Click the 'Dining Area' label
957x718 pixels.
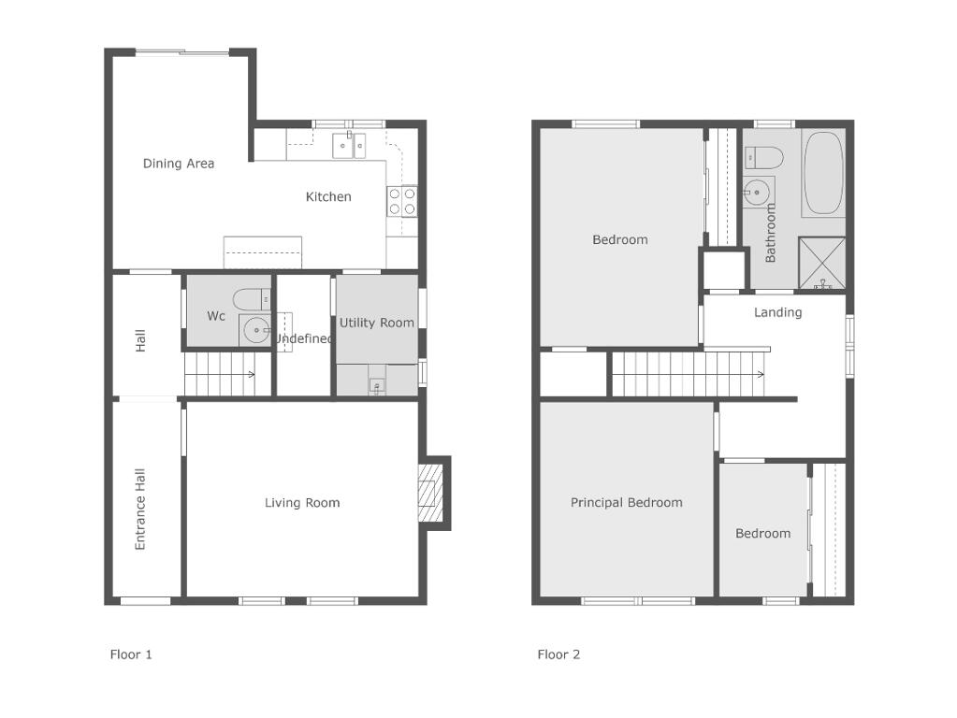tap(179, 164)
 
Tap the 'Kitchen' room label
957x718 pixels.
tap(328, 196)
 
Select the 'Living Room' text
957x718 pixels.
tap(302, 503)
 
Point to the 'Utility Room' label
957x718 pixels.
tap(377, 323)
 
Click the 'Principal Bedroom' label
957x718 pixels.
tap(626, 503)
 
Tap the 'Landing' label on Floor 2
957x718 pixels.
tap(777, 312)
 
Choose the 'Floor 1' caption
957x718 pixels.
tap(131, 654)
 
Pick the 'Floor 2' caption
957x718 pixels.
tap(558, 654)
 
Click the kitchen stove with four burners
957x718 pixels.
tap(402, 201)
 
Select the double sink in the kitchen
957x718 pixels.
tap(349, 146)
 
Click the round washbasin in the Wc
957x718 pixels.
tap(255, 331)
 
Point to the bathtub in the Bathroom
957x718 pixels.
tap(823, 175)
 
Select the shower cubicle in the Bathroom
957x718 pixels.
tap(822, 263)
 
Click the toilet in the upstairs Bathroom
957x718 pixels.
tap(763, 157)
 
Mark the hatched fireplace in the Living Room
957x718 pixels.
tap(429, 493)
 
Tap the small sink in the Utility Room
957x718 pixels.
tap(377, 385)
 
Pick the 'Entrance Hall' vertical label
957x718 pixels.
tap(140, 510)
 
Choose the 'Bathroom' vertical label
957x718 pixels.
tap(770, 233)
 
